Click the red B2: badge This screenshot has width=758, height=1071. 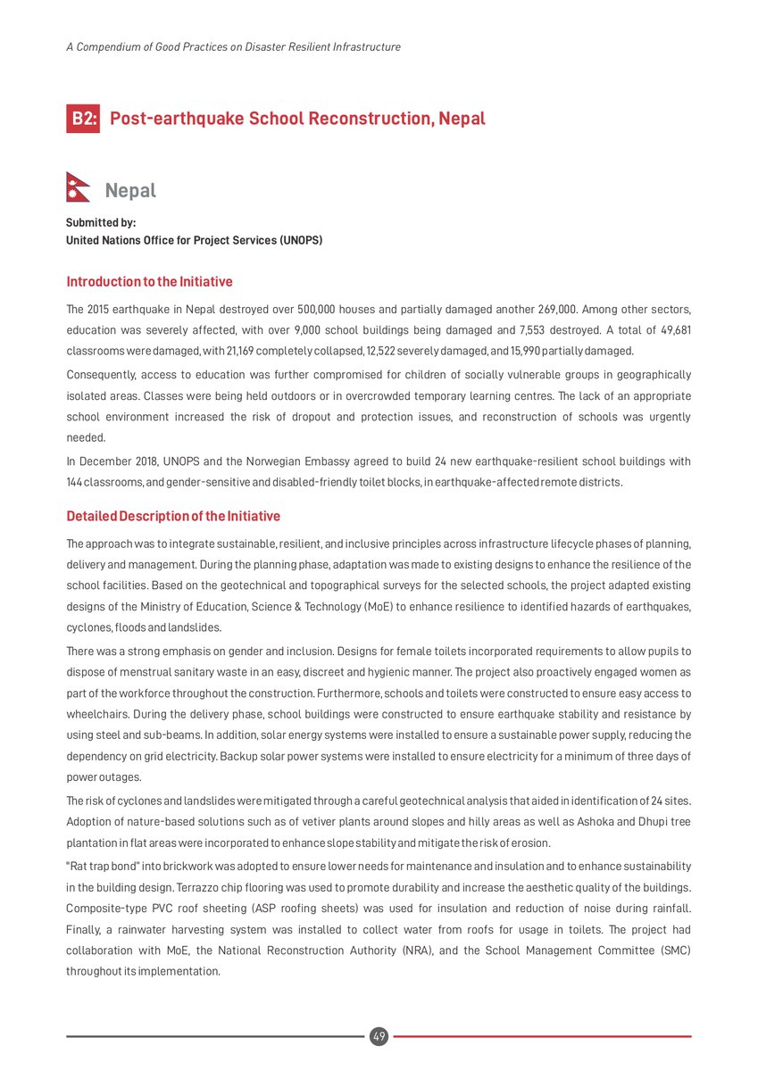83,119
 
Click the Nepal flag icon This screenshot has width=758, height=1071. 79,187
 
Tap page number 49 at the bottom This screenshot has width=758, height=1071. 379,1036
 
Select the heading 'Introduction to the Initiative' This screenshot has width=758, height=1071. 149,282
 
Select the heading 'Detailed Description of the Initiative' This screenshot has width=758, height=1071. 173,517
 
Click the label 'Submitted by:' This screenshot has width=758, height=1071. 101,223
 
